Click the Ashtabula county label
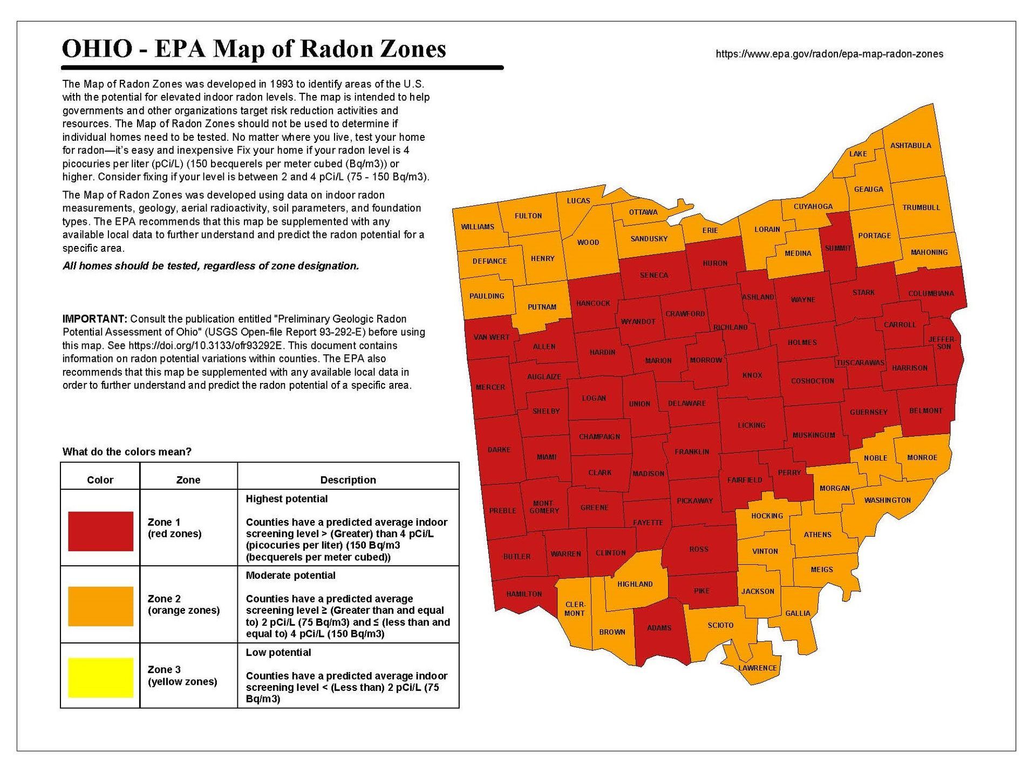coord(910,146)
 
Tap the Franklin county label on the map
coord(692,452)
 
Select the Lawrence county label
coord(757,668)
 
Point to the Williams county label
coord(478,227)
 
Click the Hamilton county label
coord(523,594)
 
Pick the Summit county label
coord(838,248)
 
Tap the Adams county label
coord(659,628)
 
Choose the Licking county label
coord(751,425)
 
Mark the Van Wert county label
coord(491,337)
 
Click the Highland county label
coord(635,584)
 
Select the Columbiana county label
coord(931,293)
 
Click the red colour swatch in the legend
coord(100,531)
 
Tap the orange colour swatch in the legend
coord(100,606)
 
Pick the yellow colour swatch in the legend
coord(100,677)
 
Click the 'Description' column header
coord(348,480)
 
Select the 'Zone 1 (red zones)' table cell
coord(174,528)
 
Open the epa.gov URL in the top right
coord(829,54)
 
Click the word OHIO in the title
coord(97,49)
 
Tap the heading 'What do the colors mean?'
coord(127,452)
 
